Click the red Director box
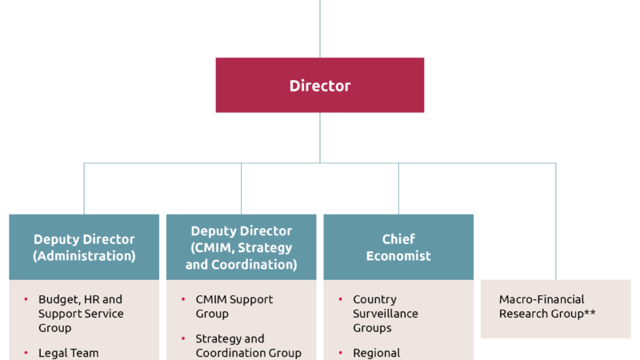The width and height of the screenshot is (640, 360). coord(320,85)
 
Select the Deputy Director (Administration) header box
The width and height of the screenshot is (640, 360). coord(84,247)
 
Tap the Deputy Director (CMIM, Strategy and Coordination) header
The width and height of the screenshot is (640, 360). coord(241,247)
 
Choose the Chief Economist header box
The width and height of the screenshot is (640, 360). coord(398,247)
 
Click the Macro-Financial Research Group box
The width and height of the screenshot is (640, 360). coord(555,308)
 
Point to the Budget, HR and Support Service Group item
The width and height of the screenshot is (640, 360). coord(80,314)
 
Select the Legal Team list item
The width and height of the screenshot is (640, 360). coord(68,353)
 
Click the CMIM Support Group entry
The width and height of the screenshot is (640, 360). coord(234,306)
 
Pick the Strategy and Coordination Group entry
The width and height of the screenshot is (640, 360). coord(248,346)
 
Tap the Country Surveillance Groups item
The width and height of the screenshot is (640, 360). coord(385,314)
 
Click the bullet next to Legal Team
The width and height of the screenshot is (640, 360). coord(26,353)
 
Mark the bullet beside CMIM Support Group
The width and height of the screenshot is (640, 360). coord(184,299)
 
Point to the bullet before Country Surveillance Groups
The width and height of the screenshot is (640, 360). coord(341,299)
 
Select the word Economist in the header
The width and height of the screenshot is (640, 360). coord(398,256)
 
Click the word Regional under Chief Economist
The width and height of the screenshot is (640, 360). coord(376,353)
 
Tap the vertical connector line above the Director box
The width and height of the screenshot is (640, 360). coord(320,28)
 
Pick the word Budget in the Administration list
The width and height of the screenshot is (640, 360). coord(57,299)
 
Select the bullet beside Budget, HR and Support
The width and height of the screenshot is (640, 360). coord(26,299)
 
